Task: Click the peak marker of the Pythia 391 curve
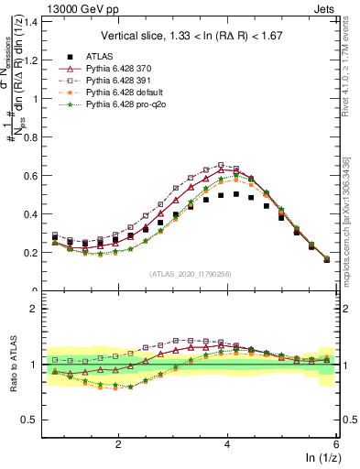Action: click(x=222, y=166)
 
